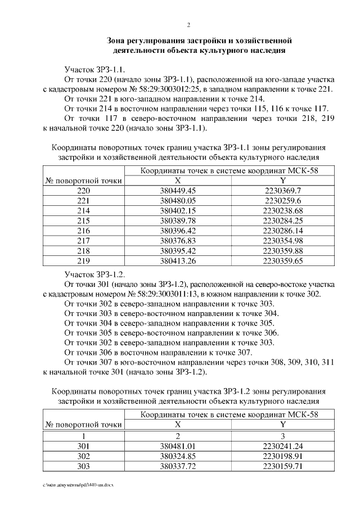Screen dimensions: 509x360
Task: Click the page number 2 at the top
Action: (188, 25)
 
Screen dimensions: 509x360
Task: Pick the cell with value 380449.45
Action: (178, 191)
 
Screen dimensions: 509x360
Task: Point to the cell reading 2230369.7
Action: (283, 191)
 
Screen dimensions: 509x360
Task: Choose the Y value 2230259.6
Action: (283, 200)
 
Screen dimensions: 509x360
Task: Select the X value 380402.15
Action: (178, 210)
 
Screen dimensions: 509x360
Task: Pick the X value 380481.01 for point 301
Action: (178, 446)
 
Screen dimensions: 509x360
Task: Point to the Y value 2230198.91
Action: (283, 456)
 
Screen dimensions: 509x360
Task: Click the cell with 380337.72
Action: (178, 466)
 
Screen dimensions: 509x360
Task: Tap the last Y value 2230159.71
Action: (283, 466)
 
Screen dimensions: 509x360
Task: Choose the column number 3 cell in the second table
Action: (283, 436)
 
